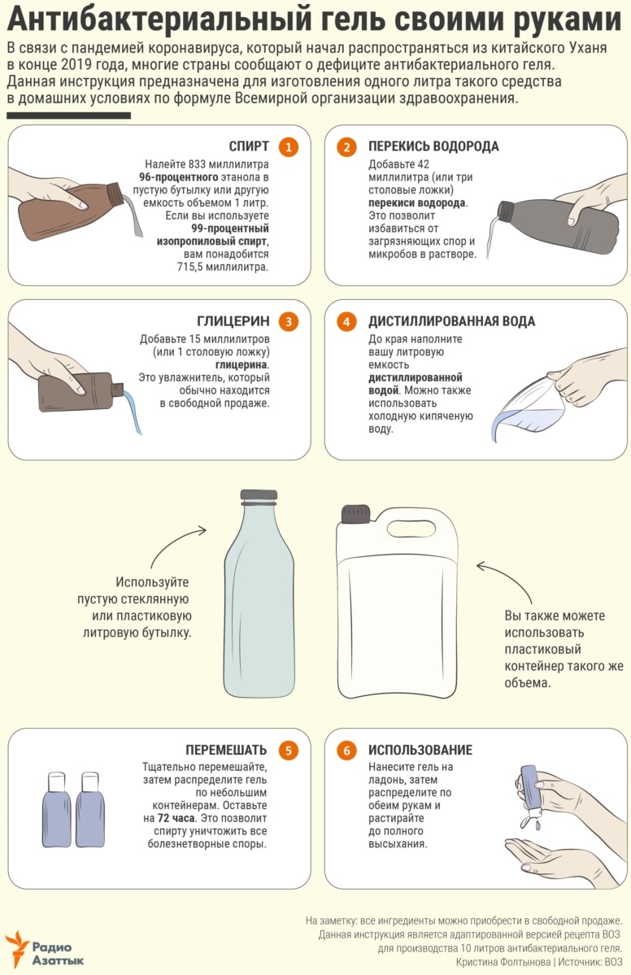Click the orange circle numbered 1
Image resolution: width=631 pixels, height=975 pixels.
289,146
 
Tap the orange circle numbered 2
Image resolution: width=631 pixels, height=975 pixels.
346,146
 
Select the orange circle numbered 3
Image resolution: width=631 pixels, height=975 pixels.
289,321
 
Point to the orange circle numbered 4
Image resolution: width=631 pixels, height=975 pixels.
346,321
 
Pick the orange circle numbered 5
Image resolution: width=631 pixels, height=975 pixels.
289,750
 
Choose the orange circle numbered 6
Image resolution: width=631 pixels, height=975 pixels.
346,750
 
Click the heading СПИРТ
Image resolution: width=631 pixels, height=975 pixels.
249,146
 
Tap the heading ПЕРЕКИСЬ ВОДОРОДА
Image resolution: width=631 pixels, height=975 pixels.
433,146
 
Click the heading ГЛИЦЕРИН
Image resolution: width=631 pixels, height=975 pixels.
233,321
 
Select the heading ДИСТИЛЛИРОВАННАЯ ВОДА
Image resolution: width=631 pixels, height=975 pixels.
451,321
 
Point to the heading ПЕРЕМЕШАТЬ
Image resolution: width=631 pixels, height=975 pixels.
226,750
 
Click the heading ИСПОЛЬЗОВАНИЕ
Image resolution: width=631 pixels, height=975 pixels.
420,750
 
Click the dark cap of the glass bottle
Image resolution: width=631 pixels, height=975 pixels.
259,495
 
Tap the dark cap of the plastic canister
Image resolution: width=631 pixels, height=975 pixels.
355,514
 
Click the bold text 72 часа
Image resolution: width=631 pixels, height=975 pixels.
176,818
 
